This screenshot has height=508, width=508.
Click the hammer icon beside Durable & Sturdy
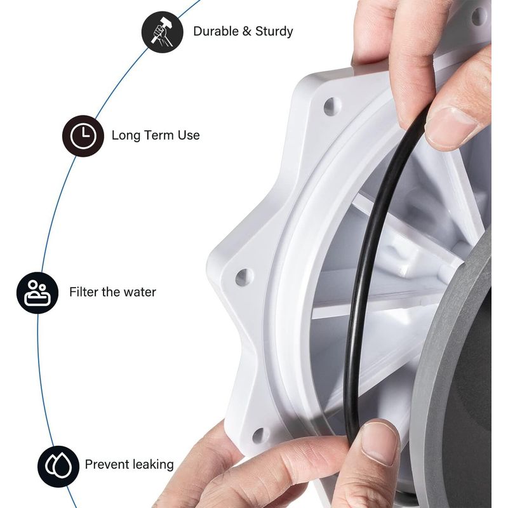pyautogui.click(x=163, y=32)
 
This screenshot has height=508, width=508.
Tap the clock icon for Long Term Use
pyautogui.click(x=83, y=136)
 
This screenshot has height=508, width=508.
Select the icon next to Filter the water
pyautogui.click(x=37, y=293)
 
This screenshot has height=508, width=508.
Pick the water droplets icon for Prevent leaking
pyautogui.click(x=58, y=466)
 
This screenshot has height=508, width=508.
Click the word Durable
pyautogui.click(x=216, y=31)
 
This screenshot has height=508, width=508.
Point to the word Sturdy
pyautogui.click(x=274, y=32)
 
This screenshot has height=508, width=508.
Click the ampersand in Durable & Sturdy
pyautogui.click(x=247, y=31)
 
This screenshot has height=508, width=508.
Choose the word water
pyautogui.click(x=140, y=292)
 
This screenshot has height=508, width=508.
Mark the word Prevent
pyautogui.click(x=105, y=464)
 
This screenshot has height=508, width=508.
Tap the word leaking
pyautogui.click(x=152, y=465)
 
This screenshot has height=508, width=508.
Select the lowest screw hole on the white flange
pyautogui.click(x=259, y=435)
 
